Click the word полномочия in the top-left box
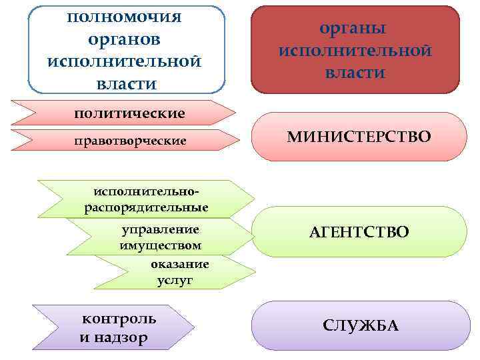125,17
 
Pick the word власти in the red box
355,72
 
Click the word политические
129,113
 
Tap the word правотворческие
130,141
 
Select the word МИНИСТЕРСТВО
359,137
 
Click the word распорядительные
146,207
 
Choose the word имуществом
161,245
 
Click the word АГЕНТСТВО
359,232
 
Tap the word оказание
179,264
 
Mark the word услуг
175,280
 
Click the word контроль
119,318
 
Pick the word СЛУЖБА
360,325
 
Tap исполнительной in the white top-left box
125,61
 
